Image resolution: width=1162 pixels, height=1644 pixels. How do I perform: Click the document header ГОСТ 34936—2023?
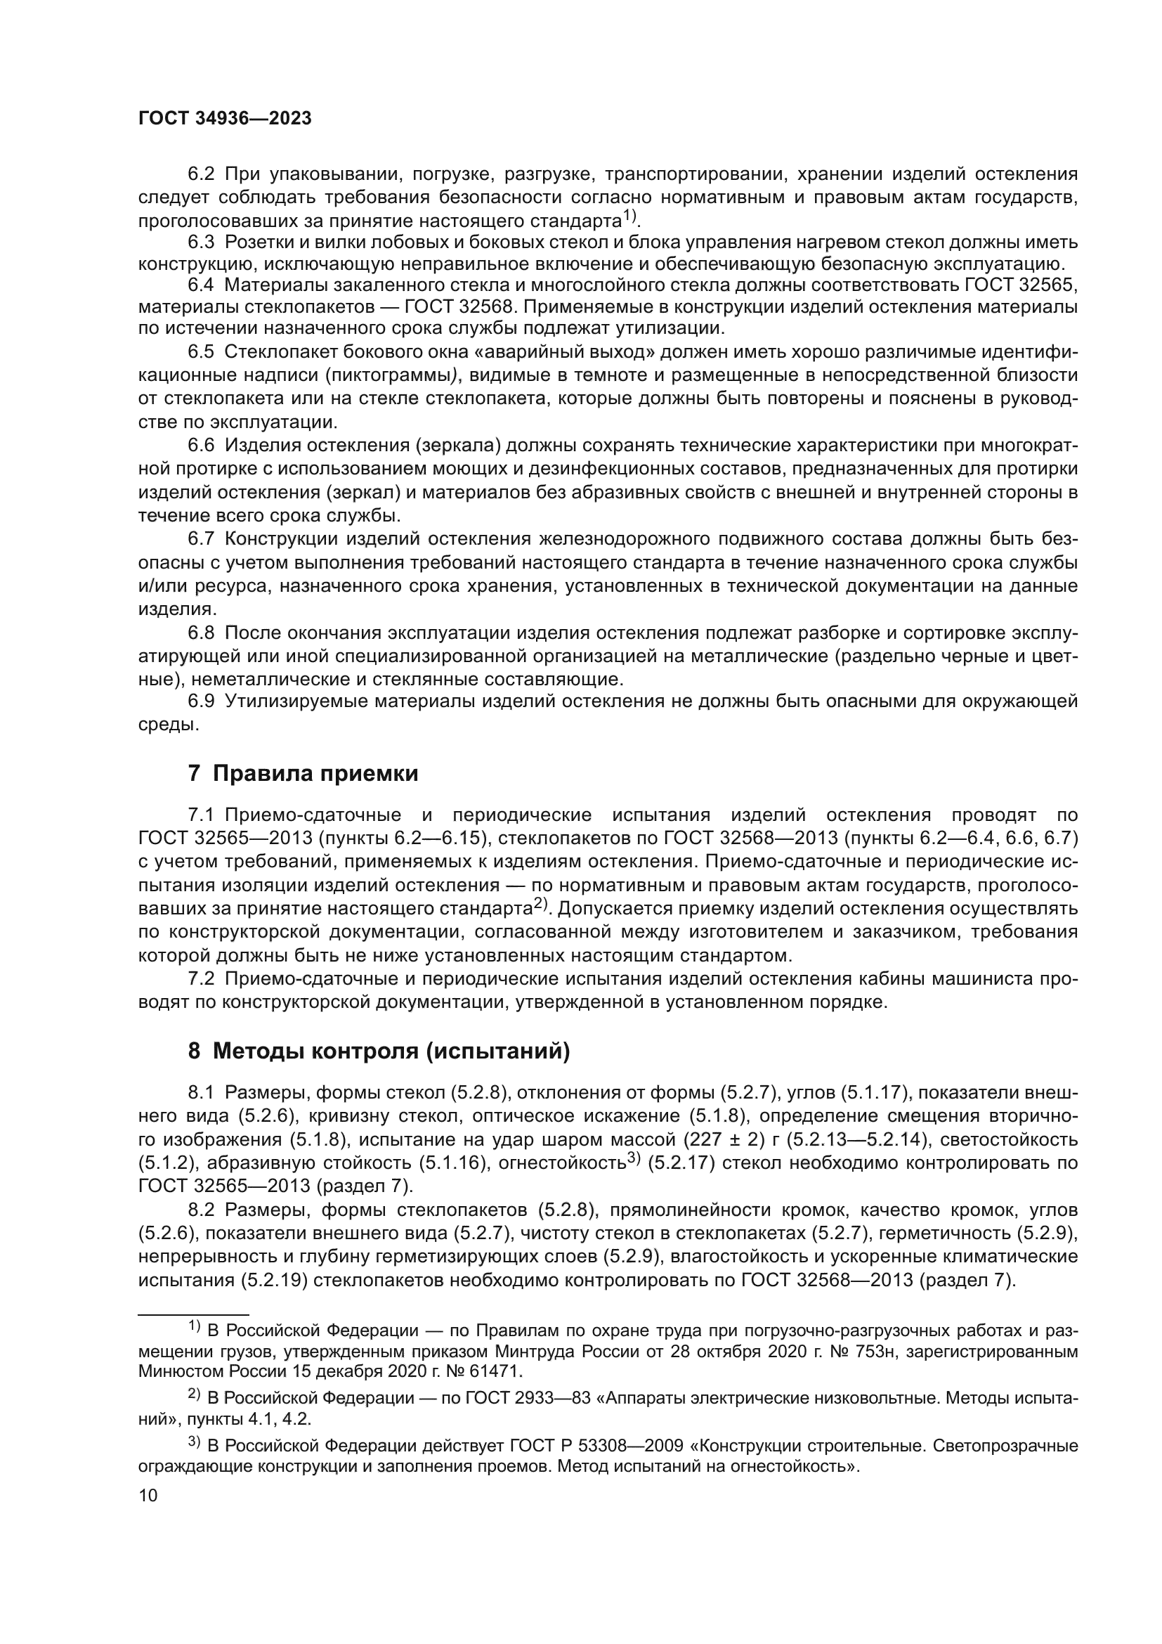pos(225,119)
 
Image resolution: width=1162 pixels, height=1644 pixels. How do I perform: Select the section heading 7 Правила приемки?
pos(303,773)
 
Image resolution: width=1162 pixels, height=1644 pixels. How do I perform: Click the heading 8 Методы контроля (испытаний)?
pos(379,1051)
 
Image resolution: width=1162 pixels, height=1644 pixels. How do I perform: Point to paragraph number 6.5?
pos(201,351)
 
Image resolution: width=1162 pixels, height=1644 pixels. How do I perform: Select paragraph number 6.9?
pos(201,701)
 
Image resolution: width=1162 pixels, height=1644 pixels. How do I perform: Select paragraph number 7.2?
pos(201,979)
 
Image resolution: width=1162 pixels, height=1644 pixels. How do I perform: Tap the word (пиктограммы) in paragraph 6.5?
pos(391,375)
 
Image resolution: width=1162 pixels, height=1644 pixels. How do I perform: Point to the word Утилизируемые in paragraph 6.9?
pos(293,701)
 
